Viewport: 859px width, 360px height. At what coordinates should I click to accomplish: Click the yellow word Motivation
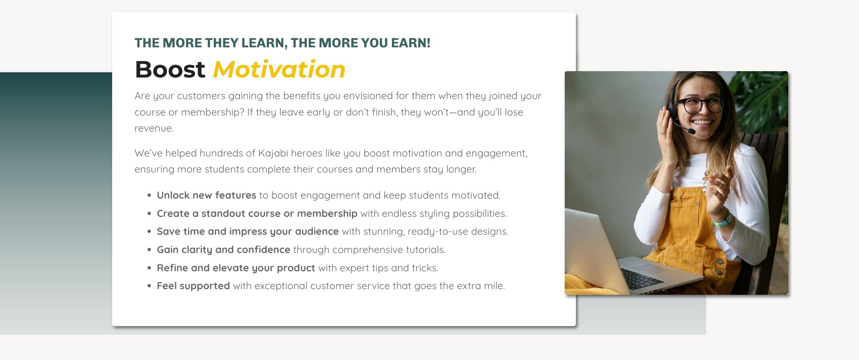tap(279, 69)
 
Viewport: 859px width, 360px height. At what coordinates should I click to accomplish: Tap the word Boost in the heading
tap(170, 69)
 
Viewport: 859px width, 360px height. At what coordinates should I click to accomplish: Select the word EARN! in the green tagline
tap(411, 43)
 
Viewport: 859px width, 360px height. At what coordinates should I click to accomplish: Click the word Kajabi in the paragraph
tap(273, 153)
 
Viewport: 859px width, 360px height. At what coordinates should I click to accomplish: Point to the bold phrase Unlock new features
tap(206, 195)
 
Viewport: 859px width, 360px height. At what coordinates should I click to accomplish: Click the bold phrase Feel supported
tap(193, 286)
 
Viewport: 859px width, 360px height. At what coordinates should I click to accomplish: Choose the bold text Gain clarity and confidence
tap(223, 250)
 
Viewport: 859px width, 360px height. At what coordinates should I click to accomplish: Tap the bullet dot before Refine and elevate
tap(149, 268)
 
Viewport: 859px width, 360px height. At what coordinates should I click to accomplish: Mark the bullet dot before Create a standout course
tap(149, 214)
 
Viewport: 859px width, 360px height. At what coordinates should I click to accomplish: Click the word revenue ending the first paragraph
tap(154, 129)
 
